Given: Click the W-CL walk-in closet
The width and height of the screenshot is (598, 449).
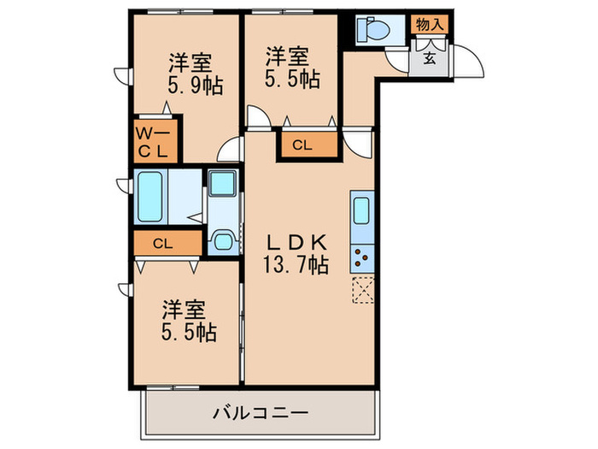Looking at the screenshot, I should tap(155, 142).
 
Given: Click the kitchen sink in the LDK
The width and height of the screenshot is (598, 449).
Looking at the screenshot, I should tap(361, 209).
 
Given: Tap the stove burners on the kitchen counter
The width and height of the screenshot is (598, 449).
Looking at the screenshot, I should tap(361, 255).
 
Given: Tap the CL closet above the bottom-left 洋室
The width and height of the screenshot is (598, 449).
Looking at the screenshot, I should tap(167, 243).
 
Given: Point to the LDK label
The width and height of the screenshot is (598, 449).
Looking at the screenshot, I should tap(295, 241).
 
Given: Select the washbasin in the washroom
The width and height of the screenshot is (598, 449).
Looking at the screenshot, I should tap(224, 183).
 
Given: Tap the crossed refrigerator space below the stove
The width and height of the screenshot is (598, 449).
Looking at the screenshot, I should tap(361, 291).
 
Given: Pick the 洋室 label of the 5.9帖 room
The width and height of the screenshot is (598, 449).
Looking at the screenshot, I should tap(190, 62).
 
